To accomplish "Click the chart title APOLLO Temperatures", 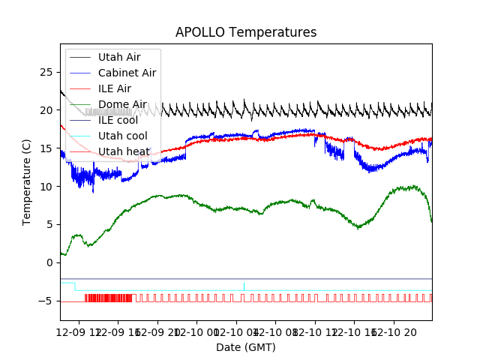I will [246, 33].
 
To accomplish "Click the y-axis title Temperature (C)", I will [27, 182].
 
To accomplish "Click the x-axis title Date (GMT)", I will [246, 347].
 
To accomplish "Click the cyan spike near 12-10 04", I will [244, 286].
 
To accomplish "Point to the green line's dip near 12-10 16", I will [361, 226].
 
